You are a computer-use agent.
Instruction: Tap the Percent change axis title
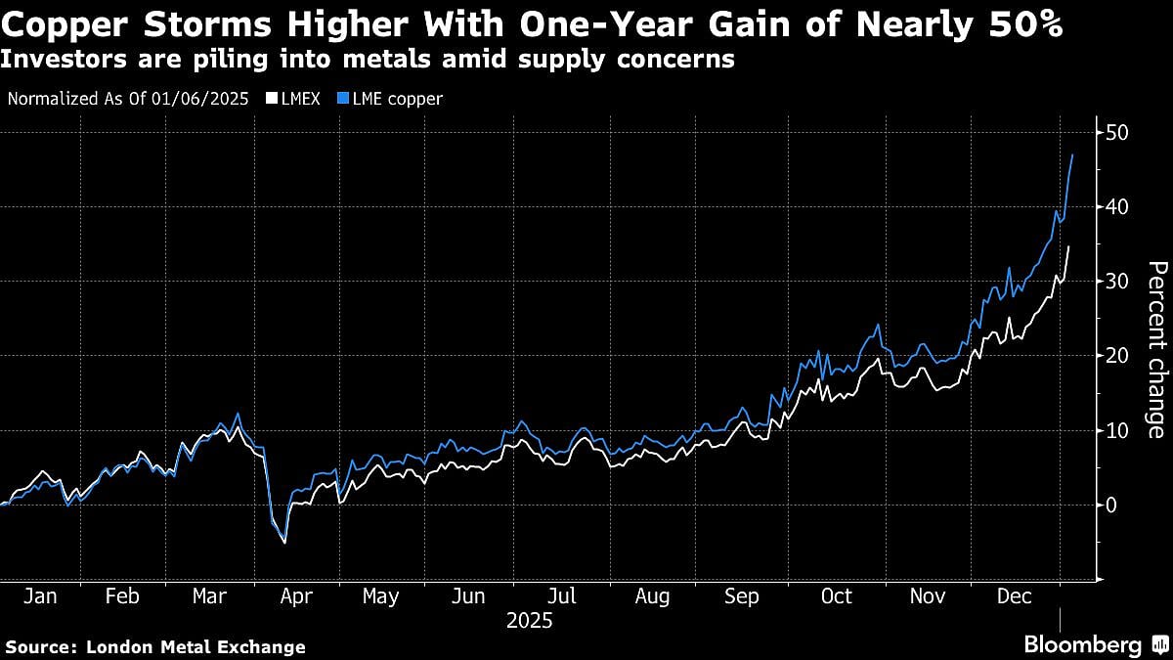(1154, 349)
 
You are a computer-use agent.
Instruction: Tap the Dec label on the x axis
(1014, 595)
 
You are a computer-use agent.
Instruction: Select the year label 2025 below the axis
(529, 620)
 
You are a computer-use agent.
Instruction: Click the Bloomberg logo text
(1082, 645)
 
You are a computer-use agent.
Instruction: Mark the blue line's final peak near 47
(1072, 154)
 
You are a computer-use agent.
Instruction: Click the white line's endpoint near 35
(1068, 246)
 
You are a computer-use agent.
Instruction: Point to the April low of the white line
(284, 543)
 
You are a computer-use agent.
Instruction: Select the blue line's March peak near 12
(238, 413)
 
